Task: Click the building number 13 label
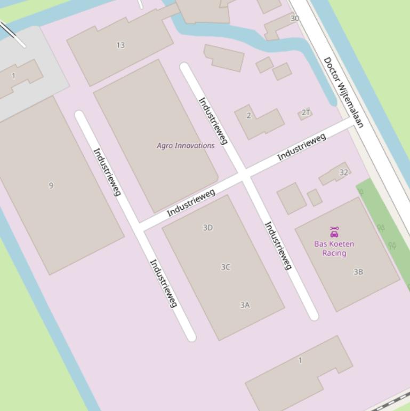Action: click(120, 45)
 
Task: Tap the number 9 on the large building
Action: click(51, 185)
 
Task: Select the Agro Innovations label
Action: click(186, 145)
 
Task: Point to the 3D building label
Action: click(208, 227)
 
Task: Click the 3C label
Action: click(226, 267)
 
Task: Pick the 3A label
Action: click(245, 305)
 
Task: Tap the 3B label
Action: click(358, 272)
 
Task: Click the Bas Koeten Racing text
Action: click(334, 248)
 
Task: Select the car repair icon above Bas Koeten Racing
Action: click(334, 232)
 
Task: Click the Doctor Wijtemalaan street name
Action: click(344, 92)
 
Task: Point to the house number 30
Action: click(295, 18)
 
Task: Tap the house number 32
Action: click(343, 172)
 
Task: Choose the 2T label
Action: click(306, 112)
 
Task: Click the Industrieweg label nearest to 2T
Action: click(302, 146)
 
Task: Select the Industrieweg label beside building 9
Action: click(107, 172)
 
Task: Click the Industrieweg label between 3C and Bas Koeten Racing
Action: click(278, 246)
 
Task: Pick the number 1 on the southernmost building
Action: click(300, 360)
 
